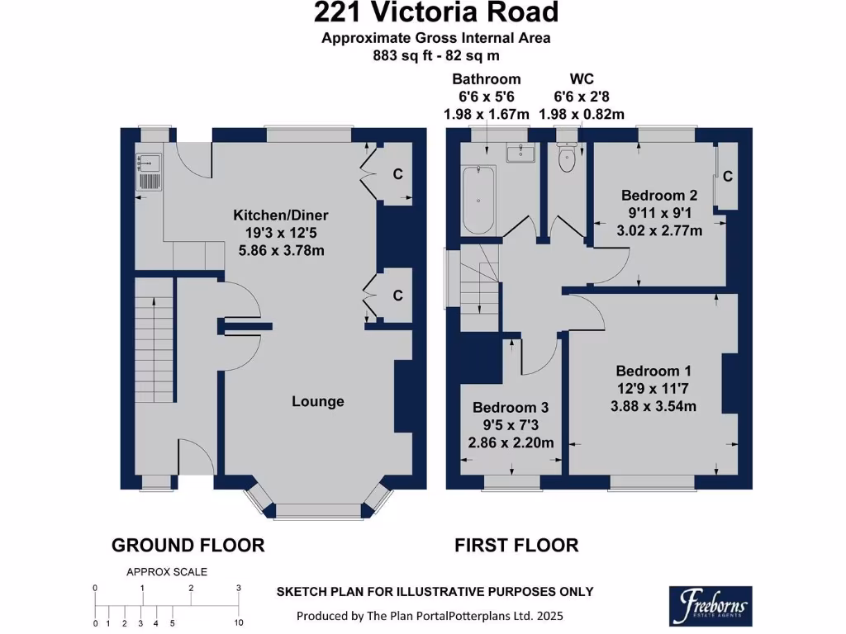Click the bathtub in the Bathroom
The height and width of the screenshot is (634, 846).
[478, 200]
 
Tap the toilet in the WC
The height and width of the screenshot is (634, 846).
[567, 157]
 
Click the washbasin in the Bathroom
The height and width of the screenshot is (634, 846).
[520, 153]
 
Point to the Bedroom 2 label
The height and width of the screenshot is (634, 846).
[659, 195]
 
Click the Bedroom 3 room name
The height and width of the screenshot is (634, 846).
[511, 408]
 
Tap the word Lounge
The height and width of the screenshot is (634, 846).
[318, 401]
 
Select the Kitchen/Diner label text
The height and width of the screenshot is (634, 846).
[281, 215]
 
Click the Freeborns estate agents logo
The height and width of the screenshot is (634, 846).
[711, 606]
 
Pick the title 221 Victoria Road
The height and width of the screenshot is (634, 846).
[436, 12]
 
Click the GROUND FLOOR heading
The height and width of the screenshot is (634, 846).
[188, 545]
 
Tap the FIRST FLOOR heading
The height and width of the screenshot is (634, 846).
[516, 545]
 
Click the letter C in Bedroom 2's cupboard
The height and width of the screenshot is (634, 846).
[727, 177]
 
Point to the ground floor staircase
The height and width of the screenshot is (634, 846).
[154, 340]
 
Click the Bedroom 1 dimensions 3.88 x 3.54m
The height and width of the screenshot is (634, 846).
[654, 406]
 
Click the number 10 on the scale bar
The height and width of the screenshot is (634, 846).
[239, 623]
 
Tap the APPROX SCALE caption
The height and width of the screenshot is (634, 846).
[167, 572]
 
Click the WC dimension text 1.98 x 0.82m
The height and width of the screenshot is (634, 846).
[582, 114]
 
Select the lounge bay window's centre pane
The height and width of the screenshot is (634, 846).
[318, 510]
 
